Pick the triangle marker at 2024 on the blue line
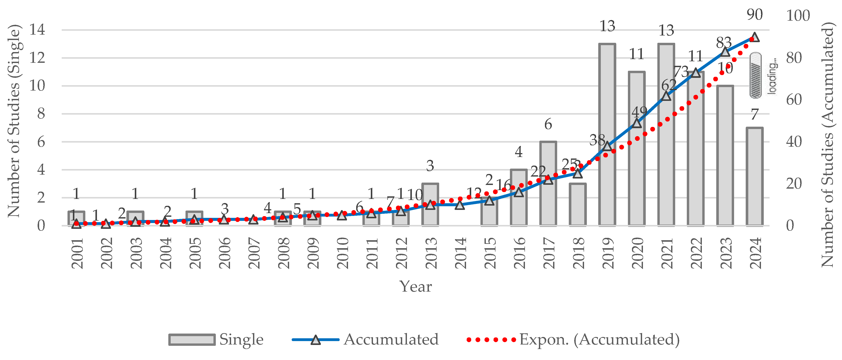(x=754, y=37)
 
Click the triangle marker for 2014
(x=460, y=205)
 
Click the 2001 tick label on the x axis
(x=77, y=253)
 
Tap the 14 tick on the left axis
(x=37, y=30)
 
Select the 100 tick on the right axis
(x=798, y=16)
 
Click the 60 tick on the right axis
(x=794, y=100)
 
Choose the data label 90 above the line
(x=754, y=14)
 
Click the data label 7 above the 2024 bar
(x=754, y=114)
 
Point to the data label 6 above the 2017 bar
(x=548, y=124)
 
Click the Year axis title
(x=416, y=286)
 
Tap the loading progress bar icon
(x=755, y=75)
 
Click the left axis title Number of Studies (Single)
(x=14, y=121)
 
